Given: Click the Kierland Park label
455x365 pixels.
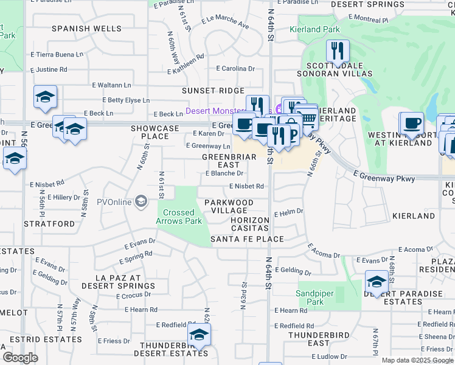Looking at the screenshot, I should coord(323,29).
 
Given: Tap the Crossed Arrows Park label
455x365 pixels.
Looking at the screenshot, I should coord(179,217).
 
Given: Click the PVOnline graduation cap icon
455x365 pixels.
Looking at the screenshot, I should coord(141,201).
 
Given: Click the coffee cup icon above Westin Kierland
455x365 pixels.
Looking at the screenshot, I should coord(411,123).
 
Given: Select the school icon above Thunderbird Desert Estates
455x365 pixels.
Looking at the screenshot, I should coord(198,335).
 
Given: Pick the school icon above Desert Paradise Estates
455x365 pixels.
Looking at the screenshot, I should coord(377,282).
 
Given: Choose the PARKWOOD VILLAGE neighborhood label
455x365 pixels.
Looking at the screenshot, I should coord(229,206).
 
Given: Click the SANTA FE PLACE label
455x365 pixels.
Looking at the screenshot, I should coord(247,239).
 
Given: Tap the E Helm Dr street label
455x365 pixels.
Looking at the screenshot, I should coord(288,214).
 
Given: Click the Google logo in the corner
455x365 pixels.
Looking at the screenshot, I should coord(20,358).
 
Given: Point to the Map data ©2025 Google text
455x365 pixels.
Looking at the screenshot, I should coord(417,360).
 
